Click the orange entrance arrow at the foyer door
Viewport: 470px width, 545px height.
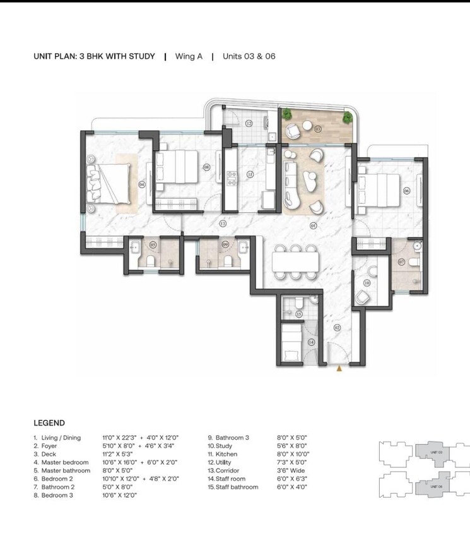click(339, 369)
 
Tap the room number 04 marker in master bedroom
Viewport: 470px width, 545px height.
click(142, 184)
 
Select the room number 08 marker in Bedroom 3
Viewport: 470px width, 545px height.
click(206, 167)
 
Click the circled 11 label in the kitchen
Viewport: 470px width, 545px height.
click(250, 174)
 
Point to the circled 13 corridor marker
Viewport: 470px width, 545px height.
click(223, 224)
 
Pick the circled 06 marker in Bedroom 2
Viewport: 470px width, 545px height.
click(406, 191)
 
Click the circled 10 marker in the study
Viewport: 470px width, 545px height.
click(367, 282)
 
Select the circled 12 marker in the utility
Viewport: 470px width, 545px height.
click(249, 124)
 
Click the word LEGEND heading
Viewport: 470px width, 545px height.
click(49, 423)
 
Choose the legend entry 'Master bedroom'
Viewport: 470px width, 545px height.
click(66, 462)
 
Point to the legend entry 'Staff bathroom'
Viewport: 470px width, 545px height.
click(237, 487)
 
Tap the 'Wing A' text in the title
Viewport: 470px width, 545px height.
click(189, 56)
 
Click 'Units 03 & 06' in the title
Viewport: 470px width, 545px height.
click(249, 56)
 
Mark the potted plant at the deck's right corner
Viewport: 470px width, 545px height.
click(346, 117)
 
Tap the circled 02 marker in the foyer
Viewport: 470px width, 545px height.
click(337, 327)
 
